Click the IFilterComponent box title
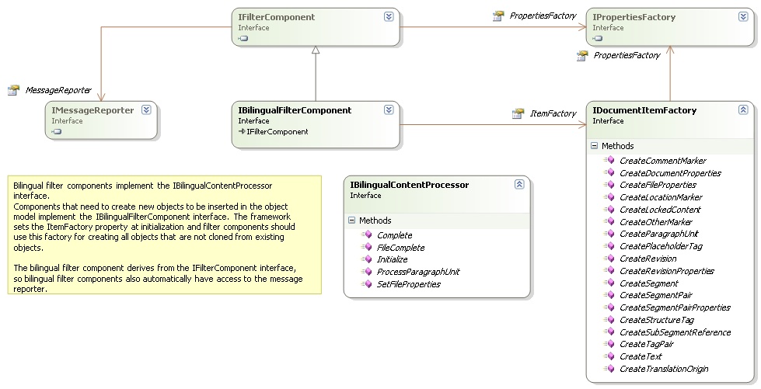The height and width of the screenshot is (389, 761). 276,17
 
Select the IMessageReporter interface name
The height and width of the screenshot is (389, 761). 93,110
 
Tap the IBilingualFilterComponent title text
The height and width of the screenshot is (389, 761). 295,110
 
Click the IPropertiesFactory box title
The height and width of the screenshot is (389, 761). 634,17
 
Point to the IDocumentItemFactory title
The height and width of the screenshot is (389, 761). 644,110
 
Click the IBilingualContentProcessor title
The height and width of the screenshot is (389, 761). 410,185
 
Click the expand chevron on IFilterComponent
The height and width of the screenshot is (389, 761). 389,16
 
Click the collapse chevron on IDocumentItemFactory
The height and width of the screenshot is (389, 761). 743,109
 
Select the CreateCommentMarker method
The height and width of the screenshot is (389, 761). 663,161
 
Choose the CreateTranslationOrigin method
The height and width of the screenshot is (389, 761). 664,369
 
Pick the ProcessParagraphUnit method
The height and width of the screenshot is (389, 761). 418,272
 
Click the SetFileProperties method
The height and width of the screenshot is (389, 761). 409,284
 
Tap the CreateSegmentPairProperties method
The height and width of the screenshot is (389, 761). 675,307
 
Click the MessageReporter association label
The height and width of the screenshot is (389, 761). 58,90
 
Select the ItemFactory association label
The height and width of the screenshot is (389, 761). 553,113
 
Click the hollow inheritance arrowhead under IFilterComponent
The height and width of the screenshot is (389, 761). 316,50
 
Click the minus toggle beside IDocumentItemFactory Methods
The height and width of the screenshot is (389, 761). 594,145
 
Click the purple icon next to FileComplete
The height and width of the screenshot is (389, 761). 368,248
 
